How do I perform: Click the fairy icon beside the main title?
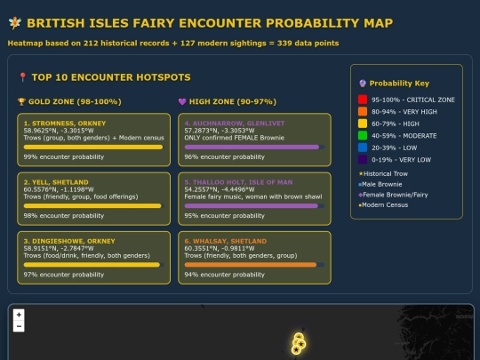[15, 23]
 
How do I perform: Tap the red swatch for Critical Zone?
[363, 100]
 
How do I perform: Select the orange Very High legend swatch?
[363, 111]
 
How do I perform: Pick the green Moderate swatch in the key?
[363, 135]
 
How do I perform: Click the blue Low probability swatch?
[363, 148]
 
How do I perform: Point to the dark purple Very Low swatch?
[363, 159]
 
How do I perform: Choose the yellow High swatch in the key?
[363, 124]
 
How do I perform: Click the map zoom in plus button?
[19, 315]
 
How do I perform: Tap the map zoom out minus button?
[19, 326]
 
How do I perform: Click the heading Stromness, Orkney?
[65, 124]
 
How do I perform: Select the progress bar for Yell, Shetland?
[93, 206]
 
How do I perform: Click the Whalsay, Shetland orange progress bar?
[254, 265]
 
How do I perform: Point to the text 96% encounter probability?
[224, 156]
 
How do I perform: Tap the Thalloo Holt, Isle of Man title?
[238, 182]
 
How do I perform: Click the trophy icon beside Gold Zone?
[21, 101]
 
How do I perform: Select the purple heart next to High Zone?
[182, 101]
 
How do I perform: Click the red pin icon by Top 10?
[22, 77]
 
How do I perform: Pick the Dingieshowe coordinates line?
[59, 248]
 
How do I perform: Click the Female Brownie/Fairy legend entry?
[394, 195]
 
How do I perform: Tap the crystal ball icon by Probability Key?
[363, 84]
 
